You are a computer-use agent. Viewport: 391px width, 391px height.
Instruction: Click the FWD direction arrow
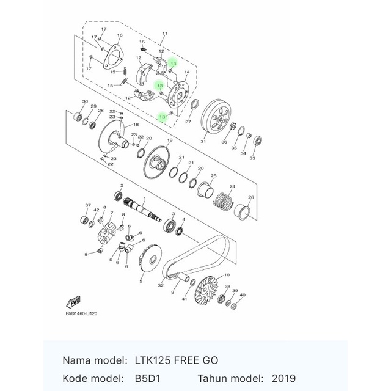tap(73, 302)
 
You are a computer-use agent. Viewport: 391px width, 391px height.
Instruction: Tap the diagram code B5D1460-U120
tap(81, 313)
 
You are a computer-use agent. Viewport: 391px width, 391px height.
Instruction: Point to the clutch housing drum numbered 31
tap(216, 118)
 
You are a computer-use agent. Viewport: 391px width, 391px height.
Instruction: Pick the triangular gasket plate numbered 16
tap(112, 57)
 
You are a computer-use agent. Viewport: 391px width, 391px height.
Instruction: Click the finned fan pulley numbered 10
tap(206, 290)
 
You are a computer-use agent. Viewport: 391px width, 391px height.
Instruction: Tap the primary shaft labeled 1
tap(142, 209)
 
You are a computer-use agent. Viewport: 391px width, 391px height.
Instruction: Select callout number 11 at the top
tap(165, 33)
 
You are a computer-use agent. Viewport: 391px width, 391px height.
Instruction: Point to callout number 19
tap(170, 140)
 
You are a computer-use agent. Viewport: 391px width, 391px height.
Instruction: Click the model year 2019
tap(283, 378)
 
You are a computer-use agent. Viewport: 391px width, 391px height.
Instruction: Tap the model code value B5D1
tap(148, 378)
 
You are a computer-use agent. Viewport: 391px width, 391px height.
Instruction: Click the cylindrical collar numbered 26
tap(242, 212)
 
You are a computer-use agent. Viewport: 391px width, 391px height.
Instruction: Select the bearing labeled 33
tap(257, 141)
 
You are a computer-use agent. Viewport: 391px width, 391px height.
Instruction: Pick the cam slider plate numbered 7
tap(108, 233)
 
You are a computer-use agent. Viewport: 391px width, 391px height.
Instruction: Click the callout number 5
tap(141, 281)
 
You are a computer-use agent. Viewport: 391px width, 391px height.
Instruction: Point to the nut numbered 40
tap(234, 307)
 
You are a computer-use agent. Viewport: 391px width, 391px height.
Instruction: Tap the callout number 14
tap(187, 72)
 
